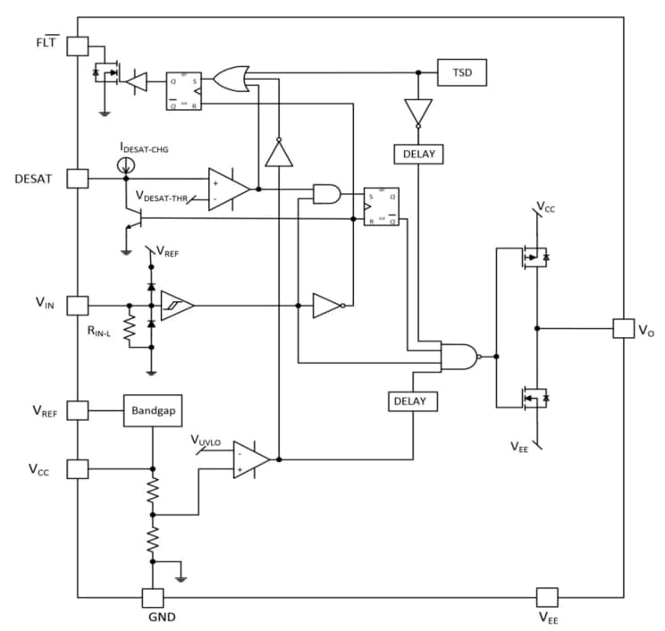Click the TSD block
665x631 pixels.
[461, 72]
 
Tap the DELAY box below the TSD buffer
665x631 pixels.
[418, 154]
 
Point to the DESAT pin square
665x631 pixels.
[78, 178]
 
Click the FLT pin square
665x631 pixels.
[78, 46]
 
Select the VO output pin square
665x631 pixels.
[622, 328]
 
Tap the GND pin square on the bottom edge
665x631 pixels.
[153, 597]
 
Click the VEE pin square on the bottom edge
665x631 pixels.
[546, 597]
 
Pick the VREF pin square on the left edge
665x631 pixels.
[78, 410]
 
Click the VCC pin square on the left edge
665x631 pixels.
[78, 467]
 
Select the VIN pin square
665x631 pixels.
[78, 306]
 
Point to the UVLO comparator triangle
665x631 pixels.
[250, 459]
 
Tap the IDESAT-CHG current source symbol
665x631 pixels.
[126, 164]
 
